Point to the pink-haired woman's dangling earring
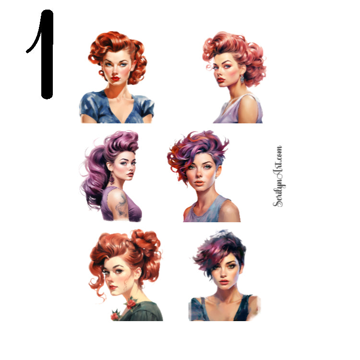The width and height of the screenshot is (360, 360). (x=242, y=77)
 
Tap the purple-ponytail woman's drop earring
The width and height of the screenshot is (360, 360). (x=112, y=179)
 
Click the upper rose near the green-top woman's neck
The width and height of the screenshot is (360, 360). (x=131, y=302)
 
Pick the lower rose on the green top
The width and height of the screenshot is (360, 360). (x=115, y=315)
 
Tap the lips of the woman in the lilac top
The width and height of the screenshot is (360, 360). (x=221, y=80)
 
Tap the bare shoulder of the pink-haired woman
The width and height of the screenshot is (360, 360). (x=249, y=108)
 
